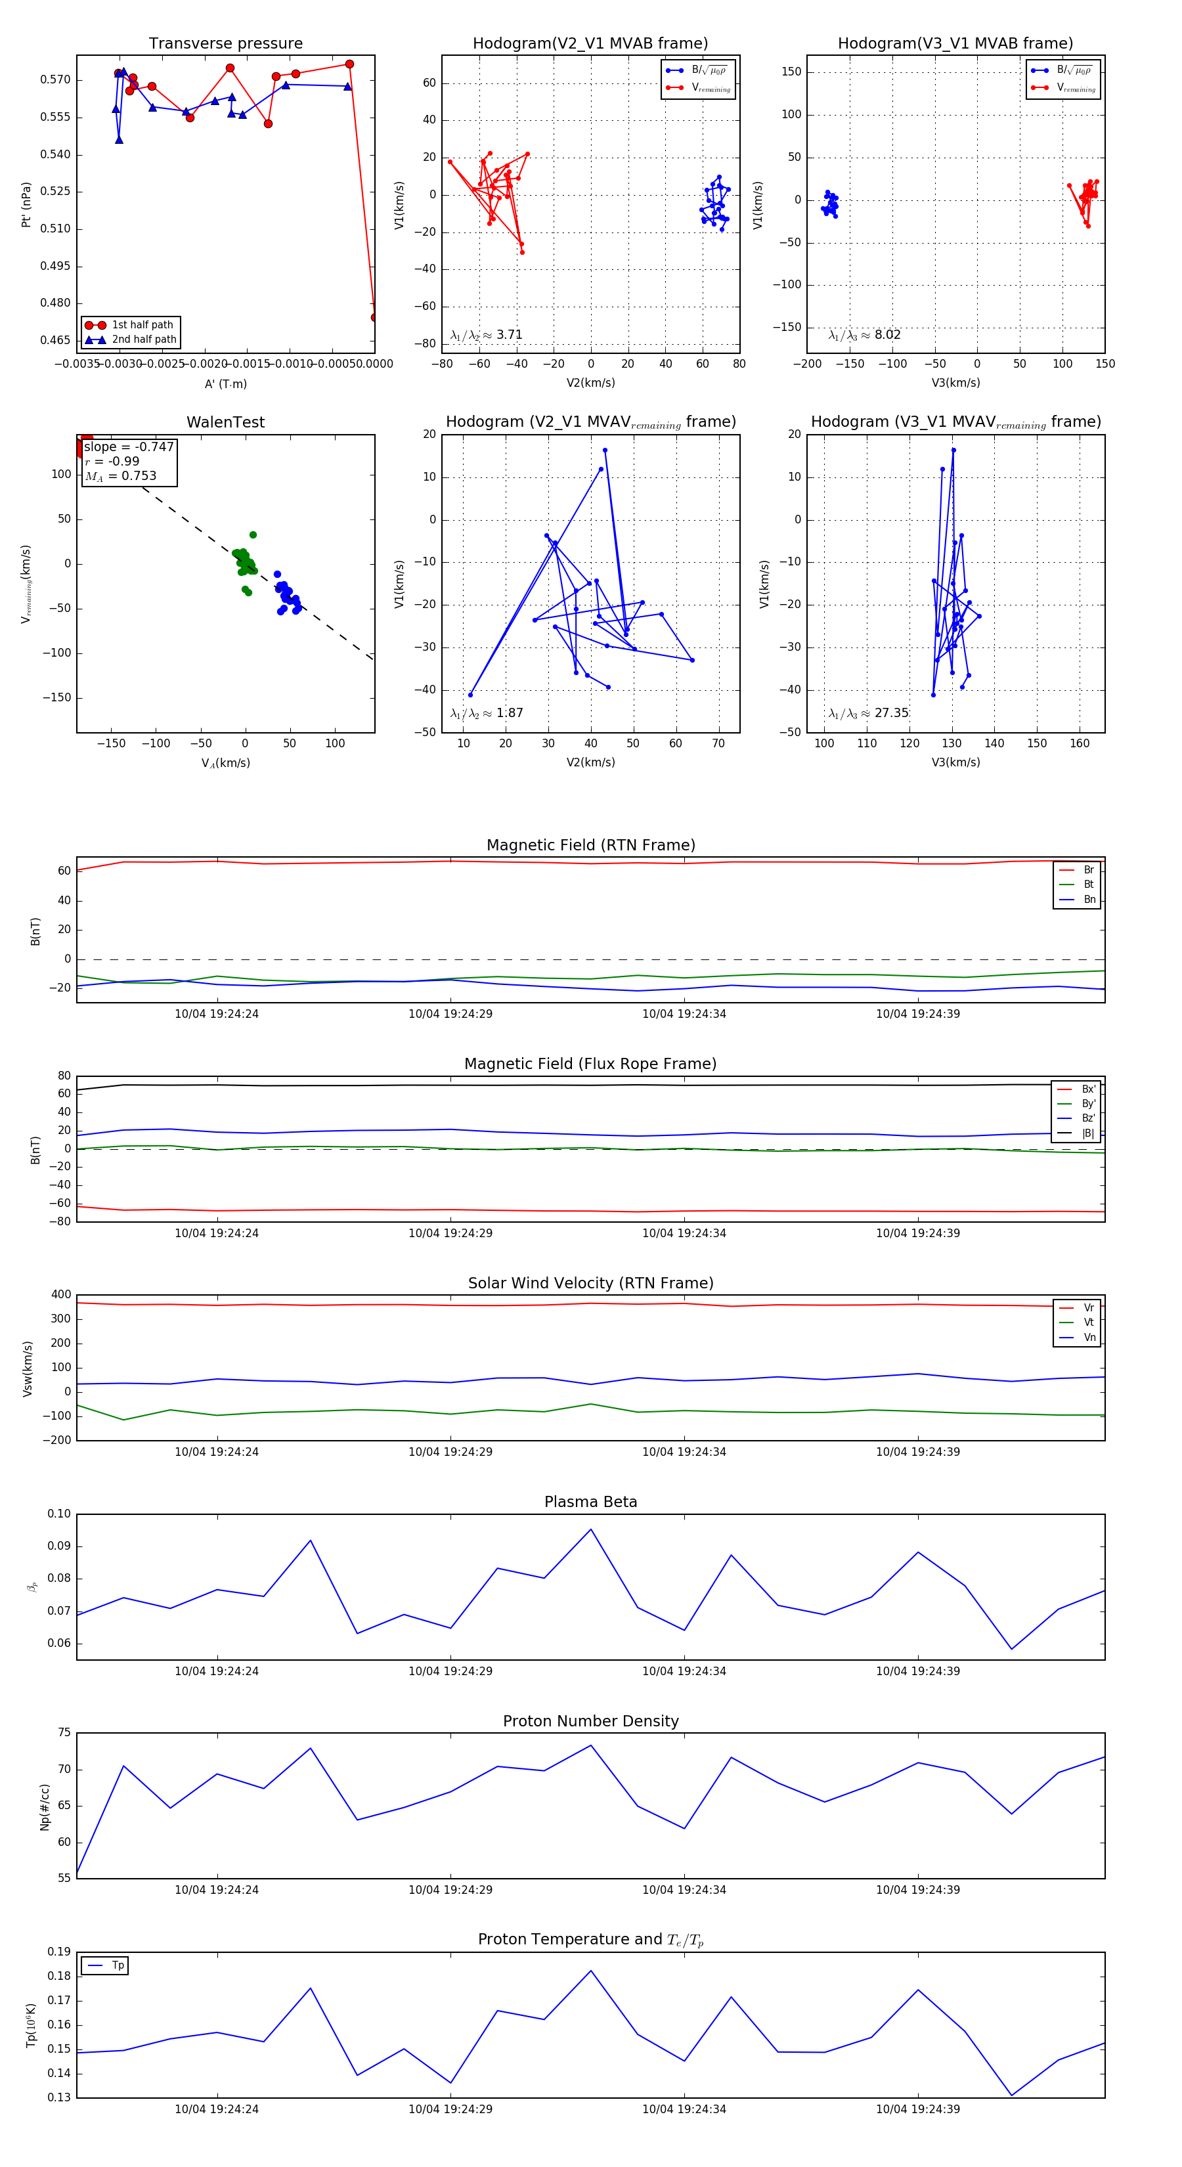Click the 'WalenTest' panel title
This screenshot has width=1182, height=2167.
225,422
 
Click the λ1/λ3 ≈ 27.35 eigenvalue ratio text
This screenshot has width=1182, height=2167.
868,713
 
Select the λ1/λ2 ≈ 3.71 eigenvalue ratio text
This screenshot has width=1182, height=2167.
486,335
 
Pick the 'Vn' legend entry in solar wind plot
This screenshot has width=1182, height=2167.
1089,1338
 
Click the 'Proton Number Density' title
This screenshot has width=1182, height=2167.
590,1721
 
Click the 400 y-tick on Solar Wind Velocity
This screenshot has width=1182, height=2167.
60,1295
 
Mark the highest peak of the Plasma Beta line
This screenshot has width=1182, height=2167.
590,1529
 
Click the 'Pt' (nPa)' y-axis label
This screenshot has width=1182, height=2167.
26,204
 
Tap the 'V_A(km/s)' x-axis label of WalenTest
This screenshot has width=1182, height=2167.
225,763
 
